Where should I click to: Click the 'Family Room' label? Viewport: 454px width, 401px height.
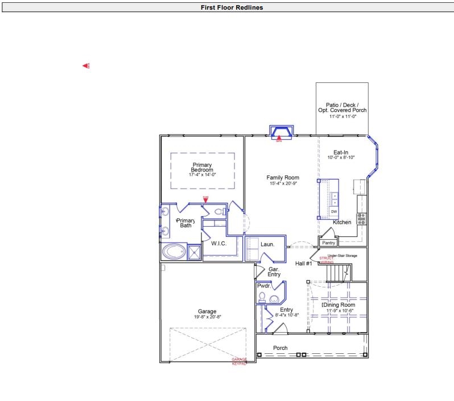tap(283, 178)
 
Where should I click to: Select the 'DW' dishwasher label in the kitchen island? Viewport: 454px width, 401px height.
tap(334, 211)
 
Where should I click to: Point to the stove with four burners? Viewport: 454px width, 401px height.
tap(361, 219)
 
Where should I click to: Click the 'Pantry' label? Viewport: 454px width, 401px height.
tap(328, 243)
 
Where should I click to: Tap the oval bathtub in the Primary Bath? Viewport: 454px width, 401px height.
tap(174, 251)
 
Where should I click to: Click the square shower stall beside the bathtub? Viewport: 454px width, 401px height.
tap(194, 252)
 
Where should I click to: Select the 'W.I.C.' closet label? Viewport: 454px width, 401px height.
tap(219, 244)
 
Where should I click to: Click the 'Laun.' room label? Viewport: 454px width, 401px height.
tap(267, 244)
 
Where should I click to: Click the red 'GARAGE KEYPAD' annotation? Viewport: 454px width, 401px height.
tap(239, 361)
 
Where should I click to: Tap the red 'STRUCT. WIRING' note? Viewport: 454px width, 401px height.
tap(327, 260)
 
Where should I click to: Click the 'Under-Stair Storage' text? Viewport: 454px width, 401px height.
tap(342, 256)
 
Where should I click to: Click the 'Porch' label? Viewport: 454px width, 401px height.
tap(280, 348)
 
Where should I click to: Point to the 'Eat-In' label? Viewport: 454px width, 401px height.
tap(341, 152)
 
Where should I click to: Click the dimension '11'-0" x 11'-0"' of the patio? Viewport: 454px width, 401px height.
tap(342, 116)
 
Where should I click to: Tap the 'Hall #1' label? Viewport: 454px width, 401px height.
tap(303, 264)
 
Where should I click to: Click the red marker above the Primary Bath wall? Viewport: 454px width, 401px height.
tap(205, 199)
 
